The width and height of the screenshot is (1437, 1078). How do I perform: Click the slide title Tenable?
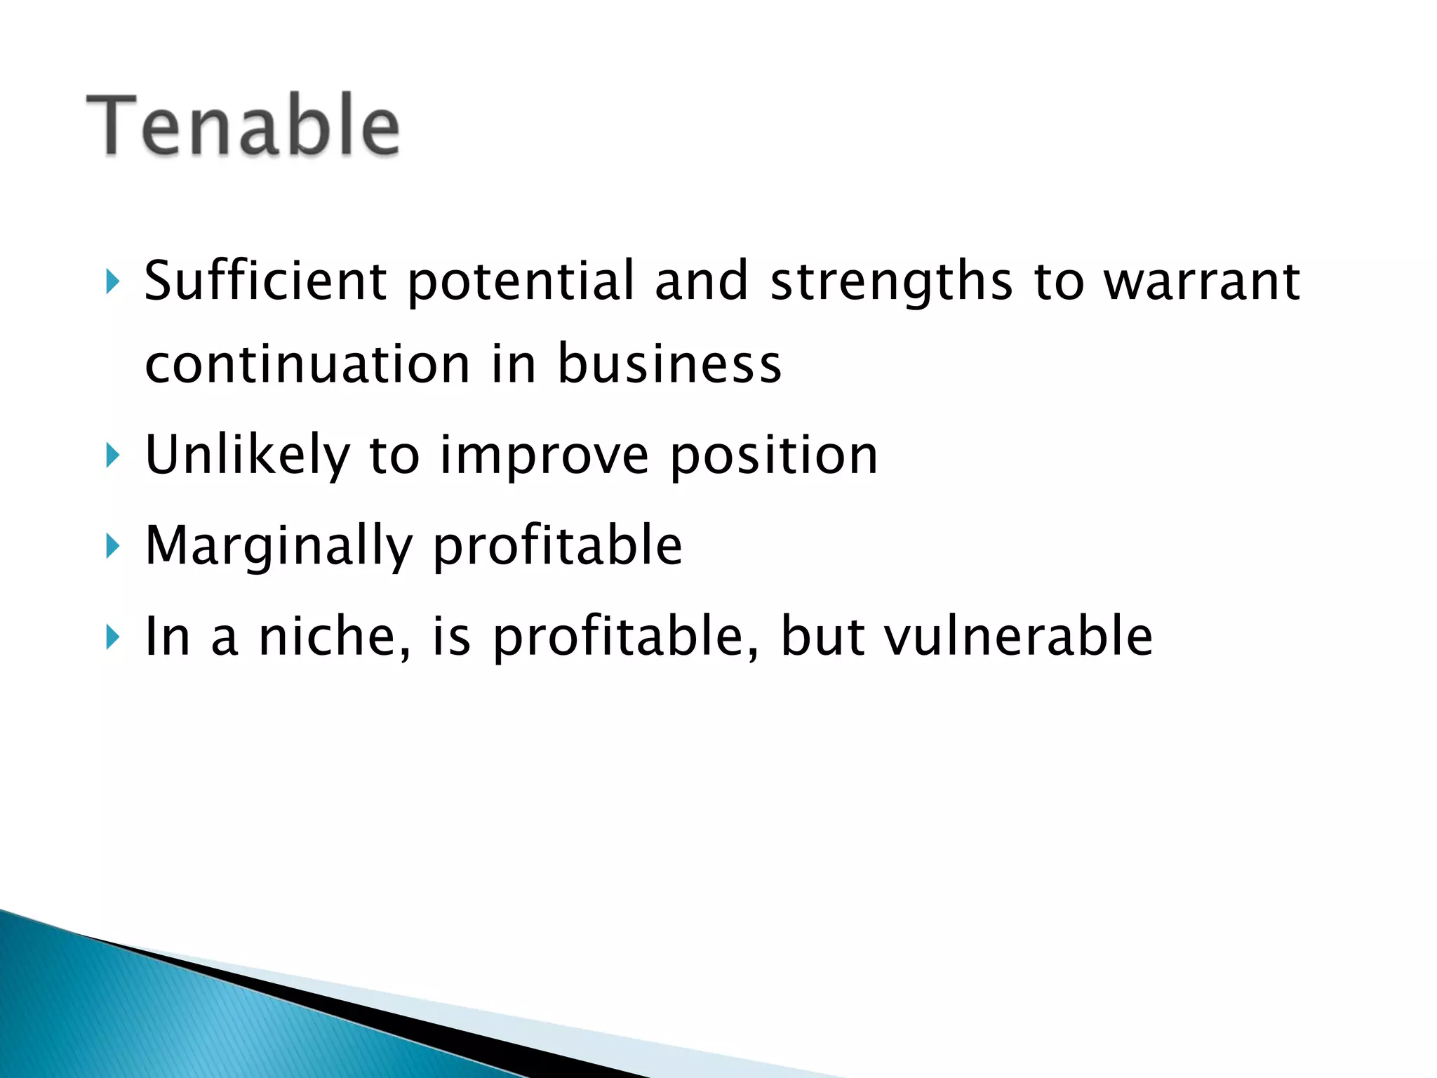pos(243,126)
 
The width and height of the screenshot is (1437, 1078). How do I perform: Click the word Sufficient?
pos(265,281)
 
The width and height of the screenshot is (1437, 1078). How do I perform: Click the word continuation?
pos(307,365)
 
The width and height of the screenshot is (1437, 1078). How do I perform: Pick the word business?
pos(669,365)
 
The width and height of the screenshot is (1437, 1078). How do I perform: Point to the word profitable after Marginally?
pos(557,546)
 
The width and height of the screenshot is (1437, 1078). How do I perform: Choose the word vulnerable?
pos(1018,636)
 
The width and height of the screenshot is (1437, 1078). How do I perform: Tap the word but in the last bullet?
pos(822,636)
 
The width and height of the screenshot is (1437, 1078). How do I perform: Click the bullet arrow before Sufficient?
pos(112,281)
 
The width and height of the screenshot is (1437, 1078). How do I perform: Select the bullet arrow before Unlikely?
pos(112,455)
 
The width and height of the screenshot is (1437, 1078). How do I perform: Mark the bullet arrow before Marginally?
pos(112,545)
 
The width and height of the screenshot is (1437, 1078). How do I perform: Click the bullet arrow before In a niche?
pos(112,636)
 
